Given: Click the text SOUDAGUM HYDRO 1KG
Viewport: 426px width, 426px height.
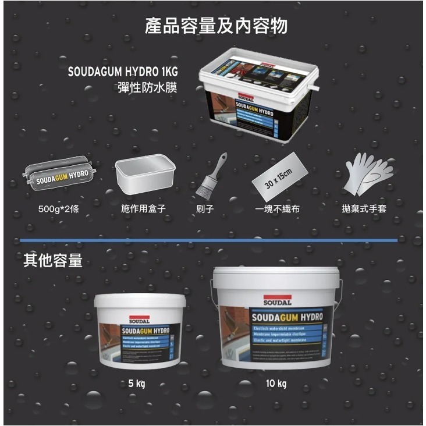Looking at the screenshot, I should (122, 73).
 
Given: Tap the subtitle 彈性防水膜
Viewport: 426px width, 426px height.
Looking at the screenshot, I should (148, 88).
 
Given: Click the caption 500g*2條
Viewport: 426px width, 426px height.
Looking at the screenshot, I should (58, 208).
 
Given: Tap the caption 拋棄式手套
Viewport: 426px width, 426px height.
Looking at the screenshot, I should (364, 208).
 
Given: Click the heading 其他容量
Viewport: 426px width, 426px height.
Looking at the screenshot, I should (53, 261).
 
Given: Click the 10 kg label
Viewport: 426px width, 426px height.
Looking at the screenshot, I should (276, 384).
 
